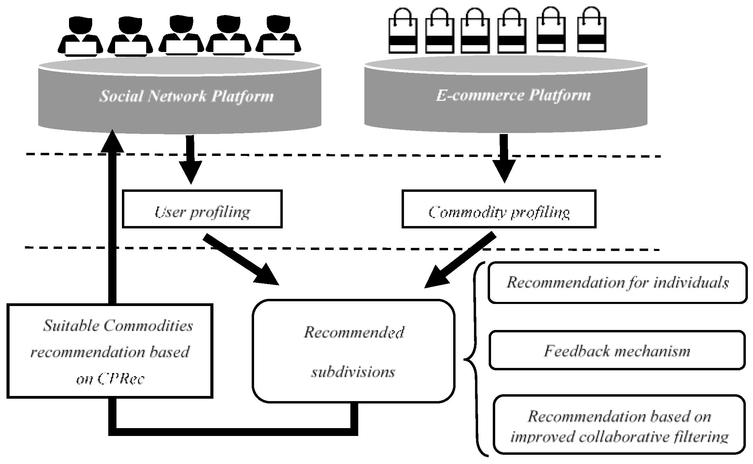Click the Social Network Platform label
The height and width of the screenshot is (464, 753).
[186, 96]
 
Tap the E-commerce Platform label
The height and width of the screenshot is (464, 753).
[513, 95]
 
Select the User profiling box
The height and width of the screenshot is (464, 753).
[202, 209]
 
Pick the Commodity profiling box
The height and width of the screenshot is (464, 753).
[499, 209]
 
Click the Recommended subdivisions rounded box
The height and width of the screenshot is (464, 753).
[353, 351]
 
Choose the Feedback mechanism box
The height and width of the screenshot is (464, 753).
[617, 350]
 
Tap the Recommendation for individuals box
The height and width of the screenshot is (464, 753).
[617, 283]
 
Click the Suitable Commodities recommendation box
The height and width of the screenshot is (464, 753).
[110, 351]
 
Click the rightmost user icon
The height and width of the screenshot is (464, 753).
[278, 36]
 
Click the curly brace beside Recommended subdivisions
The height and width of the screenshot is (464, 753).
[473, 359]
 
